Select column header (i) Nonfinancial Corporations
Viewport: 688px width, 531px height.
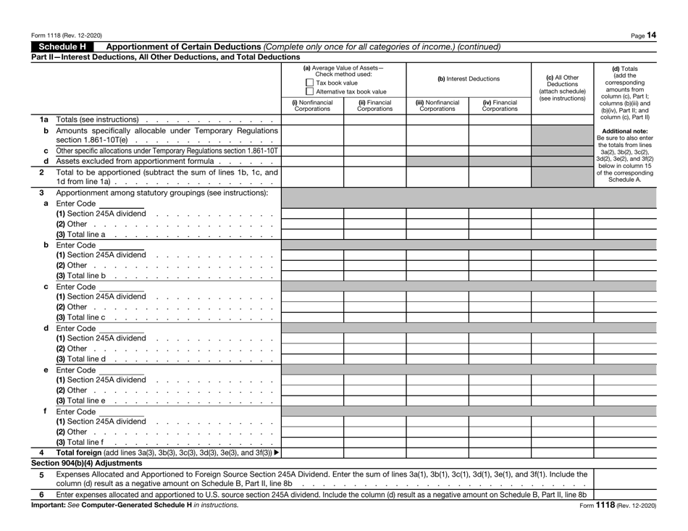[312, 106]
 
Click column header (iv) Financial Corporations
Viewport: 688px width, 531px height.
[499, 106]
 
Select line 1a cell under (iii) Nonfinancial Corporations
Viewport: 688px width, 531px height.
[437, 120]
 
